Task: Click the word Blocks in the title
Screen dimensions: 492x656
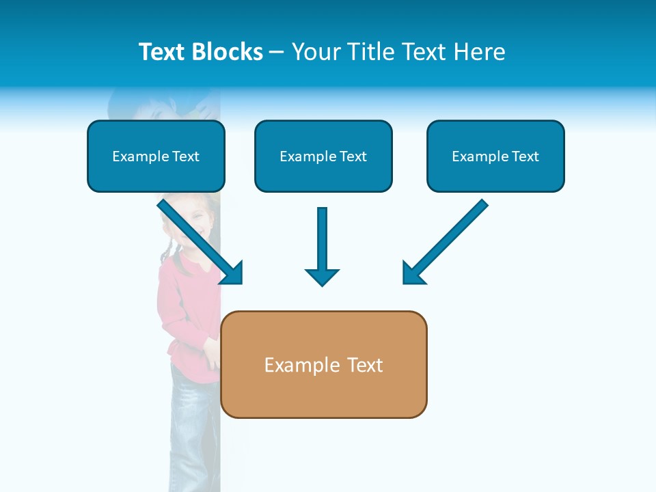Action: [x=228, y=52]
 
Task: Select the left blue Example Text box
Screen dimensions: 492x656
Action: [x=156, y=156]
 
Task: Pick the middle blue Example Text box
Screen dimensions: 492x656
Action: [x=323, y=156]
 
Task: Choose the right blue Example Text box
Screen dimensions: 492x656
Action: [x=495, y=156]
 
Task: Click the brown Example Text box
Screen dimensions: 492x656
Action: [x=324, y=365]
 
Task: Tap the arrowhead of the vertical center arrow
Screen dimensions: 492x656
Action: [x=322, y=277]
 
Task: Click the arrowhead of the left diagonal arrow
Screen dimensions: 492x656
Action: [x=233, y=273]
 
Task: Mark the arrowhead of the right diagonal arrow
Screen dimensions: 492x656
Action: [x=413, y=273]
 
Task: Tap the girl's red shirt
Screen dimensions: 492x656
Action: [x=181, y=301]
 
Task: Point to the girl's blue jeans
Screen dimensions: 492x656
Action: [x=191, y=417]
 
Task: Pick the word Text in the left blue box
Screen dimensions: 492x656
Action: [x=185, y=156]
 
